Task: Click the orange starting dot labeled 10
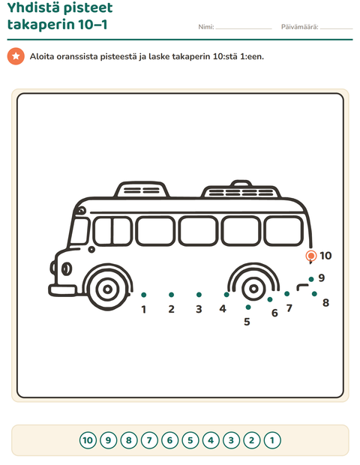click(311, 255)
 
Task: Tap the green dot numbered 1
click(144, 295)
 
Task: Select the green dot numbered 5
click(248, 307)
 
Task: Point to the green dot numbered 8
click(314, 294)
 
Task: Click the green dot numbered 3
click(199, 295)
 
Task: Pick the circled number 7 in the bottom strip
click(149, 440)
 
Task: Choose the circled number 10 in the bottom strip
click(88, 440)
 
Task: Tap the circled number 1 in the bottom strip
click(272, 440)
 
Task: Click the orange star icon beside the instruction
click(16, 56)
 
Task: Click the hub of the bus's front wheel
click(108, 289)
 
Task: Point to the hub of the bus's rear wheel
click(253, 288)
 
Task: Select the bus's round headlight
click(67, 269)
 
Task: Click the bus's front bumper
click(62, 290)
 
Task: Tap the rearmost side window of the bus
click(283, 231)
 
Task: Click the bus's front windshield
click(79, 231)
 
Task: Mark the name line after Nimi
click(244, 28)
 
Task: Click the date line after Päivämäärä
click(336, 28)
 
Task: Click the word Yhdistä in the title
click(34, 7)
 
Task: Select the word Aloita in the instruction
click(42, 56)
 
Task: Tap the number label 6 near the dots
click(274, 313)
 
